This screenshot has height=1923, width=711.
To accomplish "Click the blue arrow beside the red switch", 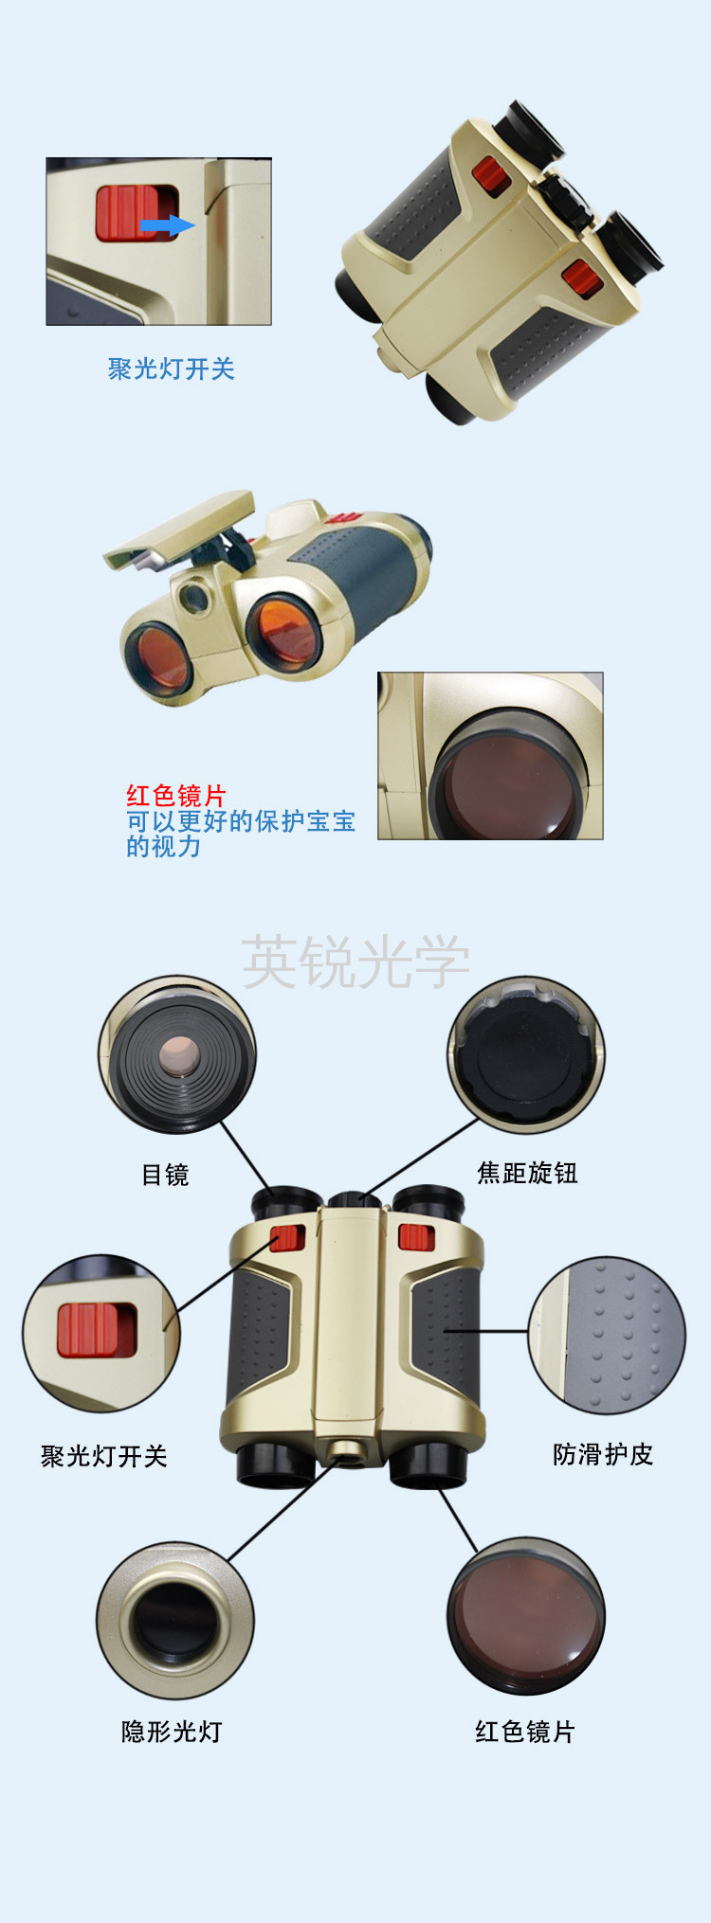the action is click(168, 225).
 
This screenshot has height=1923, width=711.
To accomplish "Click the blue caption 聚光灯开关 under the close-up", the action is click(171, 368).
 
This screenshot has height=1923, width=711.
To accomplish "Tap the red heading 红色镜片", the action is click(176, 795).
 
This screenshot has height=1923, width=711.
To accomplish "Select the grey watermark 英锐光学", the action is click(355, 961).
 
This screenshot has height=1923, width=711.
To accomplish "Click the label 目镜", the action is click(165, 1175).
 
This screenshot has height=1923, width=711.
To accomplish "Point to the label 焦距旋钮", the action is click(527, 1173).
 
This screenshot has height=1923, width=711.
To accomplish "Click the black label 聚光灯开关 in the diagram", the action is click(103, 1456).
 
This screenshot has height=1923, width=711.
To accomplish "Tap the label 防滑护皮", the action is click(603, 1454).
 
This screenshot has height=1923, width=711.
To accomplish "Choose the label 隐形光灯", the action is click(172, 1732).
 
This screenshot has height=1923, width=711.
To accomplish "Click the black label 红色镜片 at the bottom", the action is click(525, 1732).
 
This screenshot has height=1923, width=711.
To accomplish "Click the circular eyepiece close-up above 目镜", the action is click(177, 1054).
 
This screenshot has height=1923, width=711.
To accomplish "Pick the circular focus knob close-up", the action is click(526, 1055).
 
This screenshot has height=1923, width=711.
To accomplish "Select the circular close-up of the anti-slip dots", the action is click(607, 1336).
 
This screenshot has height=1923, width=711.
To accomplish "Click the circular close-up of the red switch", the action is click(101, 1334).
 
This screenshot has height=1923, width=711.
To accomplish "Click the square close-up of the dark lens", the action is click(490, 756).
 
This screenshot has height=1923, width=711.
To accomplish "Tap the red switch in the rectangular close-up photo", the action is click(135, 213).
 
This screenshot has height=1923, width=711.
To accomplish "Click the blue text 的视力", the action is click(164, 846).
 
